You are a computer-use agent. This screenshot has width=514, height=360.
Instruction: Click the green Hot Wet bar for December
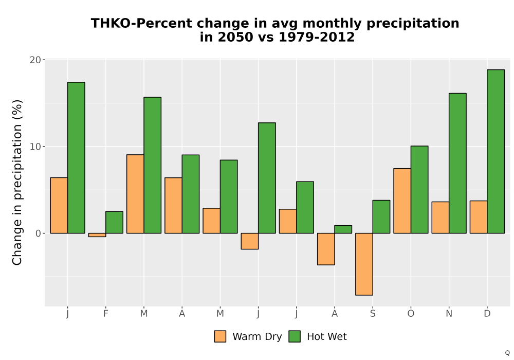pyautogui.click(x=495, y=152)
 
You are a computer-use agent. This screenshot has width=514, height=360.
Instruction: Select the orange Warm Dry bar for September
pyautogui.click(x=364, y=264)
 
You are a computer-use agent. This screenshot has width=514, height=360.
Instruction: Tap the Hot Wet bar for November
pyautogui.click(x=457, y=163)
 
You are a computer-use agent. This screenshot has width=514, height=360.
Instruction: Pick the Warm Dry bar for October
pyautogui.click(x=402, y=201)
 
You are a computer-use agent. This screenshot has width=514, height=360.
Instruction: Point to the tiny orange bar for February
pyautogui.click(x=97, y=235)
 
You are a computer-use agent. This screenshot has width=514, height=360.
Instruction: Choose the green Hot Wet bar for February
pyautogui.click(x=115, y=222)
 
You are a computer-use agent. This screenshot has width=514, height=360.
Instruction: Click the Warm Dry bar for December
pyautogui.click(x=479, y=217)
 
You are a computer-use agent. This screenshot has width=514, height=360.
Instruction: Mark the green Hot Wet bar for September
pyautogui.click(x=381, y=217)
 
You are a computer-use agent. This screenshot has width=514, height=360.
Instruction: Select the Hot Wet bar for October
pyautogui.click(x=419, y=189)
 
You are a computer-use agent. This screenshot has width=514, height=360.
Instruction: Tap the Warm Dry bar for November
pyautogui.click(x=440, y=218)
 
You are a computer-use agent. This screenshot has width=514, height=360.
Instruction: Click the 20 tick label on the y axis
pyautogui.click(x=35, y=60)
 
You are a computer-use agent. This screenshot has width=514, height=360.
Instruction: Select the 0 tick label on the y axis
pyautogui.click(x=39, y=233)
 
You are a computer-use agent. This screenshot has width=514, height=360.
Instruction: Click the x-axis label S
pyautogui.click(x=373, y=314)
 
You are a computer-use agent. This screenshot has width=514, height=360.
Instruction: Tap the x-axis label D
pyautogui.click(x=487, y=314)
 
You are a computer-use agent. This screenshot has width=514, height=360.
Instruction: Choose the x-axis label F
pyautogui.click(x=105, y=314)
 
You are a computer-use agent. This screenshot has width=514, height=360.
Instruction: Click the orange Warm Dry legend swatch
pyautogui.click(x=221, y=336)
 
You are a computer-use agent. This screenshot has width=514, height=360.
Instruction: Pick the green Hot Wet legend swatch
pyautogui.click(x=295, y=336)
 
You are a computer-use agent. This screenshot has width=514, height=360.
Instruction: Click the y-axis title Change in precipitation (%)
pyautogui.click(x=17, y=182)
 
